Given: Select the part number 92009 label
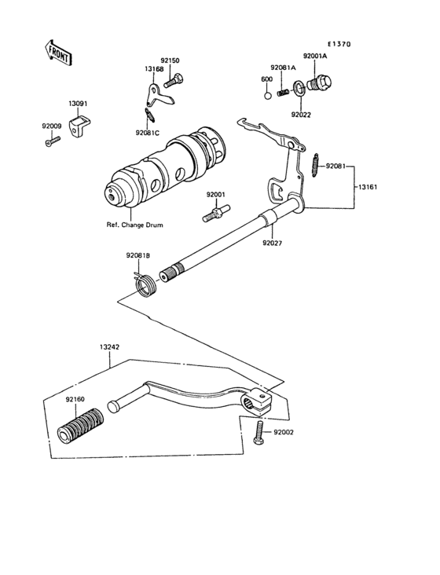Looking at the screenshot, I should click(x=51, y=125).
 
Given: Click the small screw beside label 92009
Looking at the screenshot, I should click(x=52, y=141).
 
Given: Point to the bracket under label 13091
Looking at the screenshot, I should click(x=78, y=126).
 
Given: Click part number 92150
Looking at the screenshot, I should click(x=170, y=60).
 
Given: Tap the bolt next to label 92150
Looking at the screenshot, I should click(x=178, y=79).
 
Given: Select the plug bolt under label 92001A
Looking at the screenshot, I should click(x=322, y=82).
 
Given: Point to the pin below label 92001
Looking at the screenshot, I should click(x=216, y=211).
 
